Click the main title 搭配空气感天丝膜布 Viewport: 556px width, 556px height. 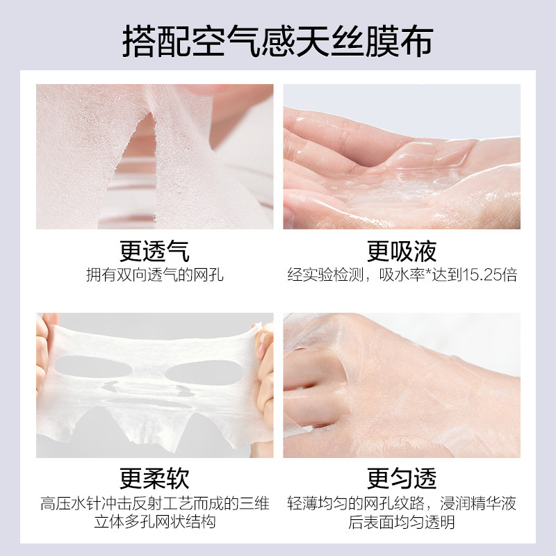tap(278, 41)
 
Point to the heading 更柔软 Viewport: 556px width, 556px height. tap(154, 478)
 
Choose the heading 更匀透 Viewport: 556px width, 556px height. tap(402, 478)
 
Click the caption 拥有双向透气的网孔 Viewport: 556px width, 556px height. tap(154, 275)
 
